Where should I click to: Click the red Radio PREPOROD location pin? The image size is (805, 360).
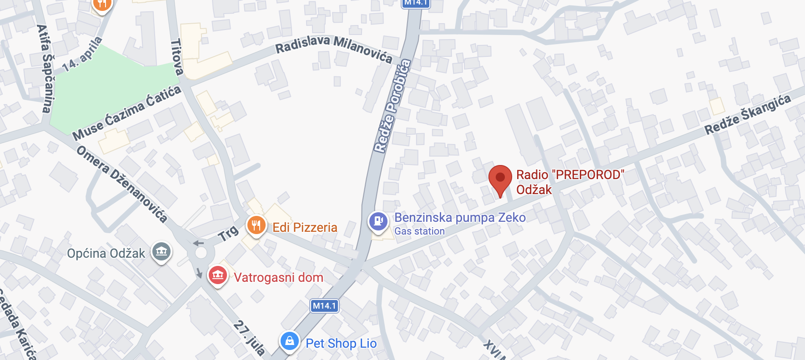point(500,178)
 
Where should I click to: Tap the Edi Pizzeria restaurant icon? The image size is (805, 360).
point(256,225)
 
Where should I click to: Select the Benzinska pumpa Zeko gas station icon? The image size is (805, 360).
point(378,221)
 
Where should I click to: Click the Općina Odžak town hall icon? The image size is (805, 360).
point(161,251)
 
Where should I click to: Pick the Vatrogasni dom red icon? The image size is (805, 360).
point(218,275)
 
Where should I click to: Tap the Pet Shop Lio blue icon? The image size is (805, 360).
point(290,341)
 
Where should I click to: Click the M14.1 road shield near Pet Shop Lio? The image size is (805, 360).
point(324,306)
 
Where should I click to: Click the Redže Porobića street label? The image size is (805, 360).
point(392,106)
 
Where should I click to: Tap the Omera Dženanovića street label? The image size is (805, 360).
point(121,183)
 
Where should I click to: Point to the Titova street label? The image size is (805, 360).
point(177,57)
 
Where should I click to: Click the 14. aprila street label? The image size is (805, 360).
point(82,55)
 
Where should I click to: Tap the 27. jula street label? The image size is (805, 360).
point(249,338)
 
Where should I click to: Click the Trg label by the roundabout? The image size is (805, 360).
point(228,234)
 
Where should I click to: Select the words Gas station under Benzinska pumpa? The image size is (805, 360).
point(419,231)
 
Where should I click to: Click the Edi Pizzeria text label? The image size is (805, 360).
point(305,227)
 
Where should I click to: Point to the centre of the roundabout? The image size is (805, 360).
point(201,253)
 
